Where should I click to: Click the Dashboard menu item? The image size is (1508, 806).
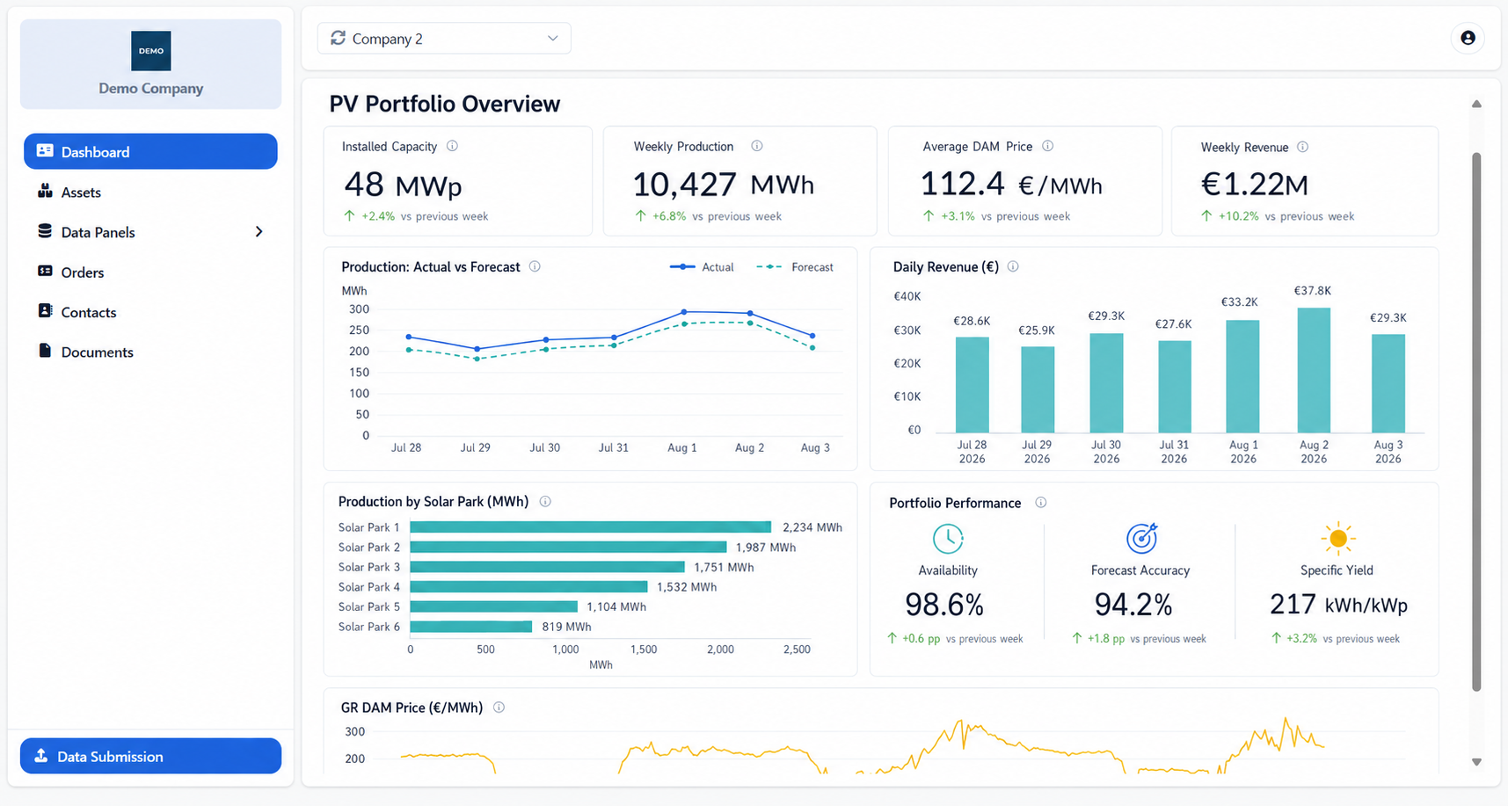pos(150,151)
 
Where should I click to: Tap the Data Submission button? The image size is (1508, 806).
pos(150,756)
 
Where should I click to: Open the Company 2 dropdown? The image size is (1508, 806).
pos(444,39)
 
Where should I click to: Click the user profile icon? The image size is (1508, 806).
pos(1468,38)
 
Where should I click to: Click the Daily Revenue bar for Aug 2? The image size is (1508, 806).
pos(1314,370)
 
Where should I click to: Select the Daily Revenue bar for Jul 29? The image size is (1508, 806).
pos(1038,389)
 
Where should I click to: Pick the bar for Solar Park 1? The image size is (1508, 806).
pos(591,527)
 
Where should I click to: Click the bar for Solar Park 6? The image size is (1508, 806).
pos(471,627)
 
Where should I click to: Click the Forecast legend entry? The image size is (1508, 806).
pos(795,267)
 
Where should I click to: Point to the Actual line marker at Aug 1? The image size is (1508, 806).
pos(684,312)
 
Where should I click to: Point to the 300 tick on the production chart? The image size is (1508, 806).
pos(359,309)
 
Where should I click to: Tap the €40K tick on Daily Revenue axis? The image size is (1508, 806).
pos(907,296)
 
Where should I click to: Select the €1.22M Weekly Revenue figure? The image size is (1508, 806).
pos(1255,185)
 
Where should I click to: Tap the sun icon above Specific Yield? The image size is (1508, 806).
pos(1337,538)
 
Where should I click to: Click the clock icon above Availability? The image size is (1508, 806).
pos(948,538)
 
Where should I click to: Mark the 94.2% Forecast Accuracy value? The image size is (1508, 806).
pos(1133,605)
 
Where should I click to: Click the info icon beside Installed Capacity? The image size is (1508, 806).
pos(452,146)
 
